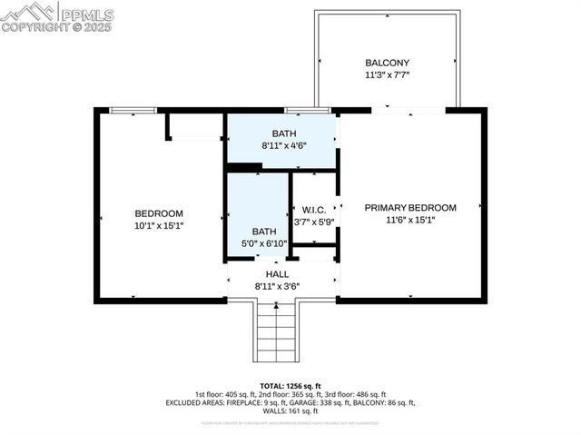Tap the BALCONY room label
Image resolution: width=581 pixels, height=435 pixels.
coord(387,63)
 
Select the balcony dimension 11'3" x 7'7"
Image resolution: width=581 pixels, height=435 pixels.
coord(387,75)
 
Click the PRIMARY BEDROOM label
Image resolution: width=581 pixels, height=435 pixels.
coord(410,208)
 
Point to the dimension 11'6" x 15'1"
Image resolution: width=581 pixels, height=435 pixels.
coord(410,221)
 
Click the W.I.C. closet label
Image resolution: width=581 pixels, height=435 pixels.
coord(314,208)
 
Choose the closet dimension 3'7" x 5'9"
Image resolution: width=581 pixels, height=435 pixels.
coord(314,221)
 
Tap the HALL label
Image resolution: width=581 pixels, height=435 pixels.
coord(277,273)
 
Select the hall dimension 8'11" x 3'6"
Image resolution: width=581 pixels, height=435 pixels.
coord(277,286)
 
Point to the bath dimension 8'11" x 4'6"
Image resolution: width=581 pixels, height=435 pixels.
coord(283,145)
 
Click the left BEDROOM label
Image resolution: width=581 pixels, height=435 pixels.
coord(159,213)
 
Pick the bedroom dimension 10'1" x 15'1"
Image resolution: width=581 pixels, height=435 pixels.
coord(159,226)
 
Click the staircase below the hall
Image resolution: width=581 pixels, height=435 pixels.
coord(276,331)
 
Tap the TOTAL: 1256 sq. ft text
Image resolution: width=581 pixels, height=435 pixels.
coord(290,386)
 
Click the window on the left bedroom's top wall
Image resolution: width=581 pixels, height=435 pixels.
coord(133,111)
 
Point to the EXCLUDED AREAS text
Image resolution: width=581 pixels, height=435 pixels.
coord(196,402)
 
